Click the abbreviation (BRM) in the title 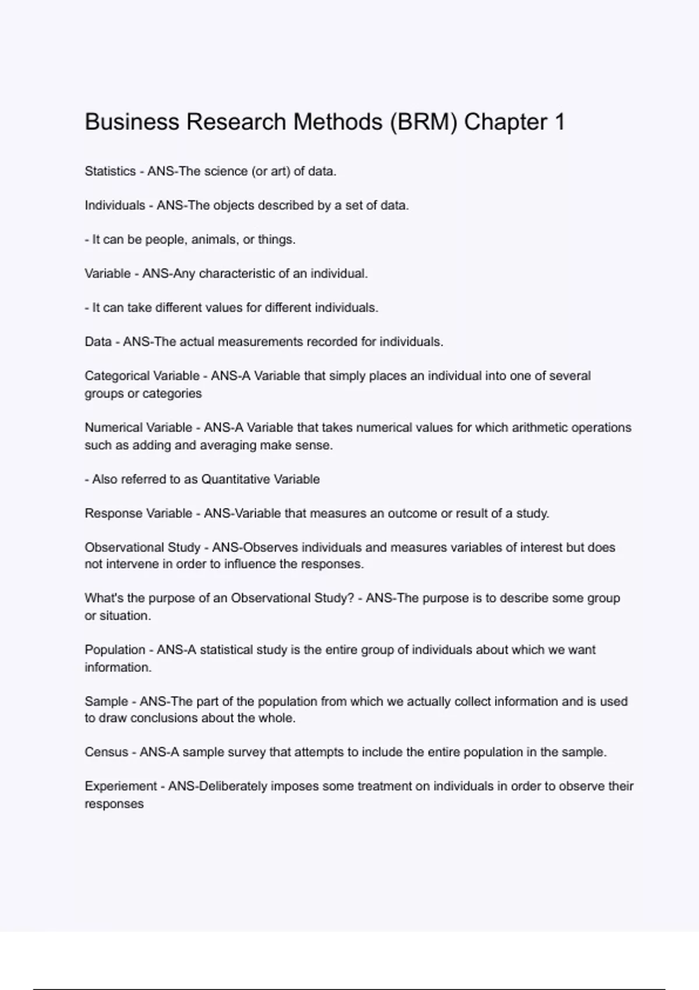tap(423, 122)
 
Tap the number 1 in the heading tap(559, 122)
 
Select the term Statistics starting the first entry tap(110, 171)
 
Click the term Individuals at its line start tap(115, 206)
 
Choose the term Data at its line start tap(98, 342)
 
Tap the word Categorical tap(116, 376)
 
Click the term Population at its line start tap(115, 650)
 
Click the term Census tap(106, 752)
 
